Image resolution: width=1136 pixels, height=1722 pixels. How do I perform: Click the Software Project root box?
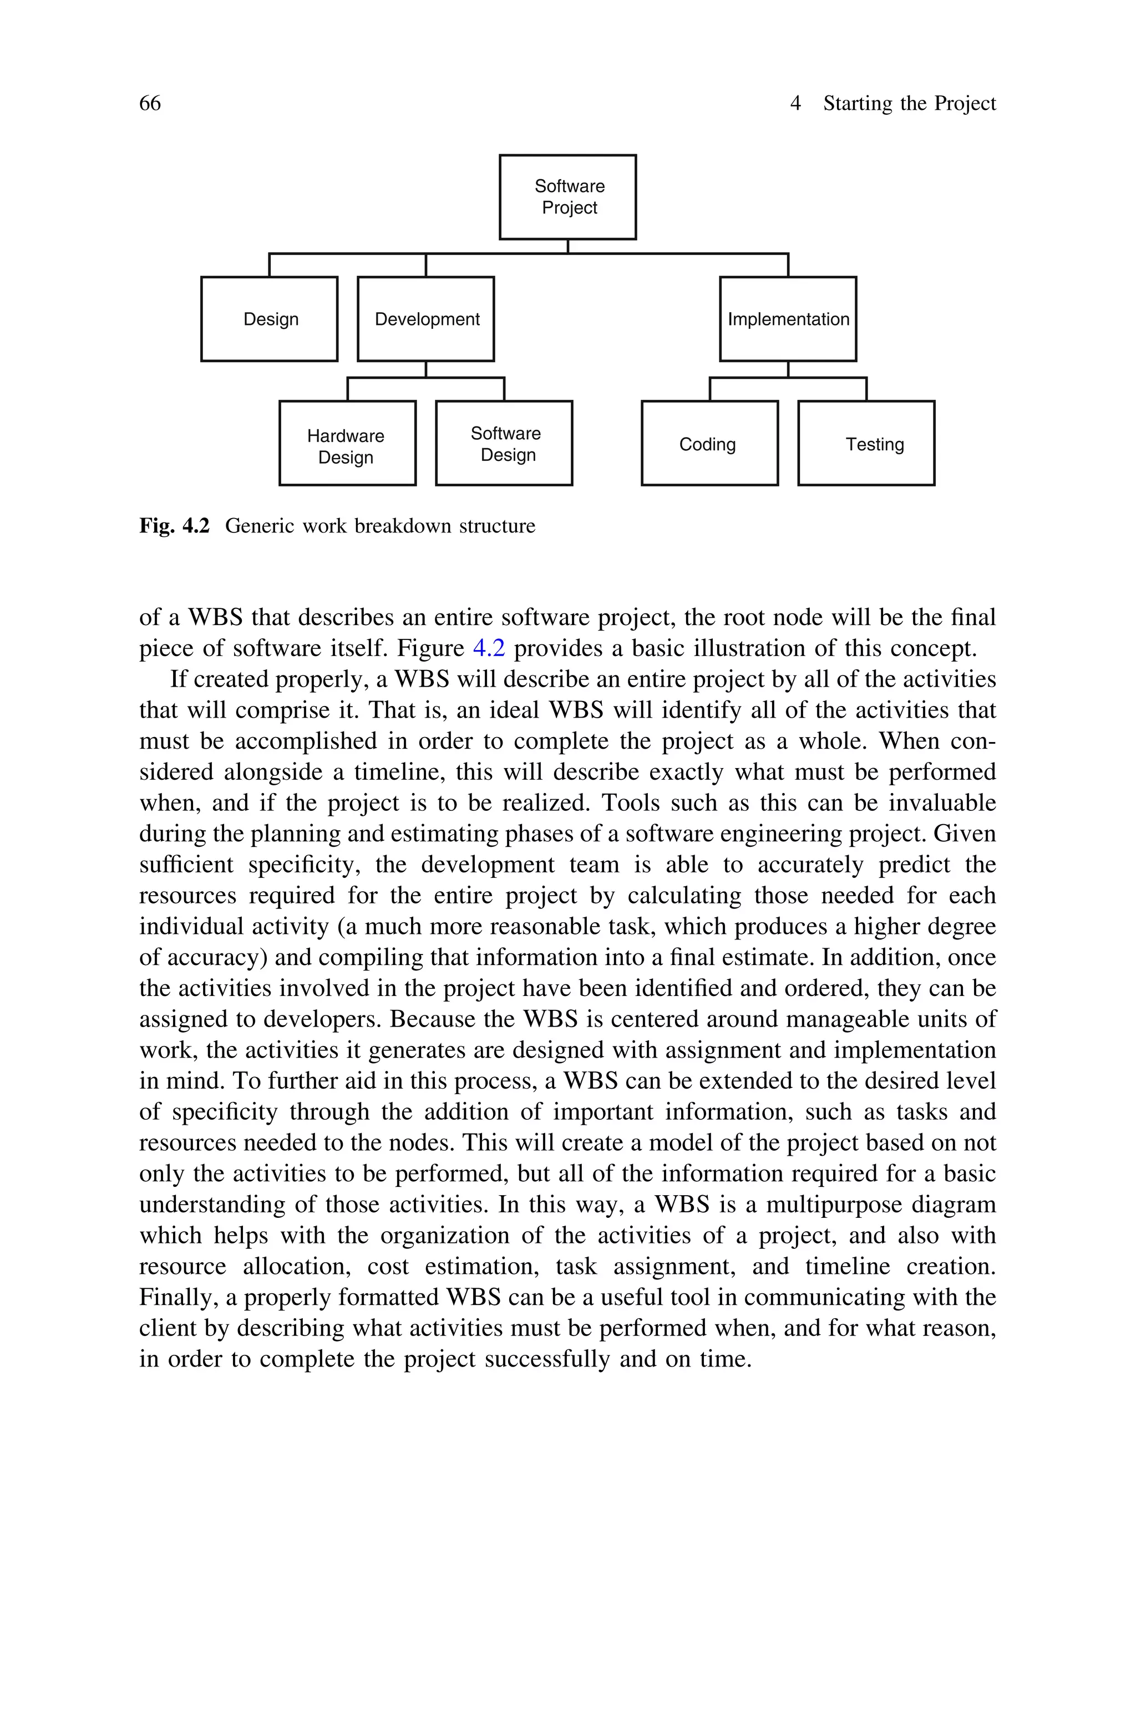coord(567,197)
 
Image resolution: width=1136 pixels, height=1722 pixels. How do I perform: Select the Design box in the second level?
coord(270,319)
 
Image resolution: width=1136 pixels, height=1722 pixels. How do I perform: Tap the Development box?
coord(426,319)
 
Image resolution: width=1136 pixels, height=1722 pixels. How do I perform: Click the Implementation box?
coord(788,319)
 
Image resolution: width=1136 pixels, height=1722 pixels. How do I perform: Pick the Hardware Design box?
coord(347,443)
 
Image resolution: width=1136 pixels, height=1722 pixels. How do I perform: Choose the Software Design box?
coord(504,443)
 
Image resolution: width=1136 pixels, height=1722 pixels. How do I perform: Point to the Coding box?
coord(709,443)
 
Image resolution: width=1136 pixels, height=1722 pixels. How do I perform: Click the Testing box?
coord(866,443)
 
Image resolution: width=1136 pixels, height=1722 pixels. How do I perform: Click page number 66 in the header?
coord(150,104)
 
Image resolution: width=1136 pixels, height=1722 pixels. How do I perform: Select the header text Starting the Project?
coord(909,104)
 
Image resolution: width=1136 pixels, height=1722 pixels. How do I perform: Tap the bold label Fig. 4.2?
coord(174,526)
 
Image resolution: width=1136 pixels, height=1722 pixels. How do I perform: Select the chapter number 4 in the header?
coord(795,104)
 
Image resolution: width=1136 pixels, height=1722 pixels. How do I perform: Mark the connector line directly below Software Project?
coord(568,246)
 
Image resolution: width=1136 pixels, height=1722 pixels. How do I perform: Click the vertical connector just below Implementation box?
coord(788,369)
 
